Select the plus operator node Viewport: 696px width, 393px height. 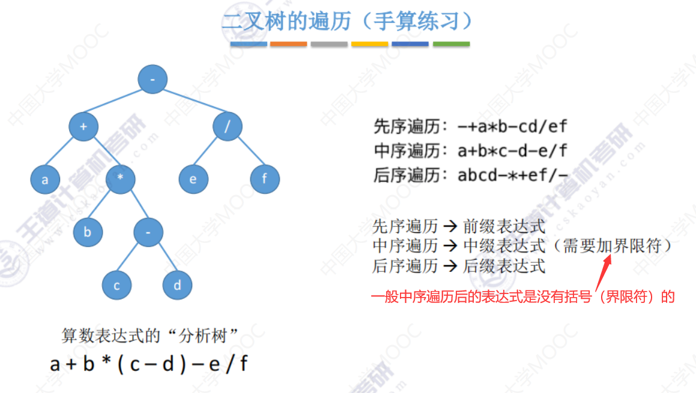(83, 126)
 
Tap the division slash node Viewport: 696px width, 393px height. (228, 126)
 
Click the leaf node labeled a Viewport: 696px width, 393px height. (45, 179)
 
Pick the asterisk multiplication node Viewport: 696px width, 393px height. (120, 179)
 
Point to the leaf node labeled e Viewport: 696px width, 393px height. (193, 179)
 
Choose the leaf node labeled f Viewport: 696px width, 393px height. (265, 179)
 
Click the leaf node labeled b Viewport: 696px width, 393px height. (88, 232)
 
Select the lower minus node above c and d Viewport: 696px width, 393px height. (148, 232)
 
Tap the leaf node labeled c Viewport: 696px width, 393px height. (117, 286)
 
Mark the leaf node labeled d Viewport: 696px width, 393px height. (177, 286)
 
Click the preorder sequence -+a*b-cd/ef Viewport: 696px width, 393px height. (512, 127)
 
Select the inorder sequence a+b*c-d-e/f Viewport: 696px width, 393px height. (512, 151)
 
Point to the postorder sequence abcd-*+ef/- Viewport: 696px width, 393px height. (512, 175)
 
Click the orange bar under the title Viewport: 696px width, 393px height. (288, 44)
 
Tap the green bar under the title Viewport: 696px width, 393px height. (451, 44)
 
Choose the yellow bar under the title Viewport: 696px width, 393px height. (369, 44)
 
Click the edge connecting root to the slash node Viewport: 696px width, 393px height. (190, 103)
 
